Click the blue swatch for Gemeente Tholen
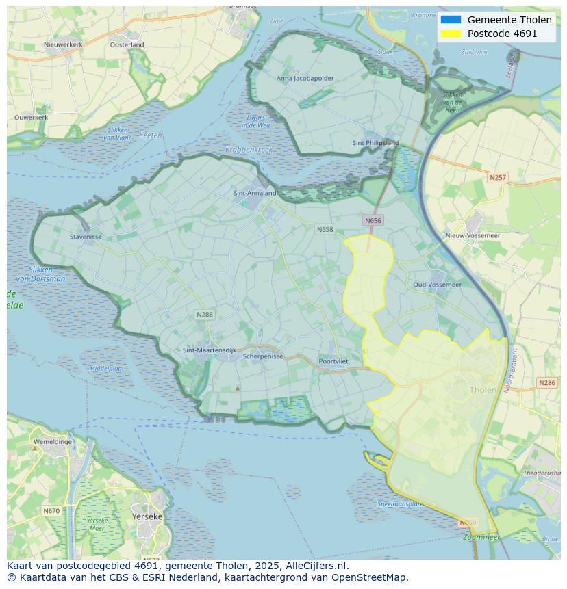pyautogui.click(x=451, y=20)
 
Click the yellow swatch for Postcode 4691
pyautogui.click(x=451, y=34)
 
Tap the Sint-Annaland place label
pyautogui.click(x=255, y=193)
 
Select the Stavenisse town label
pyautogui.click(x=86, y=237)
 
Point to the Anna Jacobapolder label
pyautogui.click(x=305, y=78)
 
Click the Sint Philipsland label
pyautogui.click(x=375, y=143)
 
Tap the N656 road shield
pyautogui.click(x=373, y=220)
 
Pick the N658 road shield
pyautogui.click(x=325, y=229)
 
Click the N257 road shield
pyautogui.click(x=498, y=177)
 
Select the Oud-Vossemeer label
pyautogui.click(x=437, y=284)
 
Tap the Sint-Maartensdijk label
pyautogui.click(x=210, y=350)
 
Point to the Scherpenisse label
pyautogui.click(x=263, y=356)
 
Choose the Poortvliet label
pyautogui.click(x=333, y=361)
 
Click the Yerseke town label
pyautogui.click(x=147, y=516)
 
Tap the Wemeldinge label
pyautogui.click(x=52, y=442)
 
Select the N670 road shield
pyautogui.click(x=51, y=511)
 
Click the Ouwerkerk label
pyautogui.click(x=32, y=117)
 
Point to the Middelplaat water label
pyautogui.click(x=107, y=368)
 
